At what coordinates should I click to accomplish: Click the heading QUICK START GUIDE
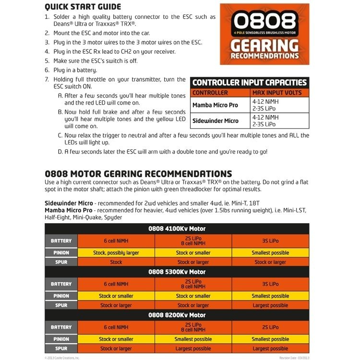pos(83,7)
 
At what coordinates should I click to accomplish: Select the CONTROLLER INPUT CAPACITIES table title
pos(250,83)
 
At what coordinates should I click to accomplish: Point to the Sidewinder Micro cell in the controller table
pos(215,121)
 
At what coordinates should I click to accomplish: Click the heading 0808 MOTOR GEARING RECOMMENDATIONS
pos(138,174)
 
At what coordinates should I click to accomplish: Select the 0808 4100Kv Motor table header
pos(177,228)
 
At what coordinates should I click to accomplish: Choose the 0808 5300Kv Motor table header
pos(177,272)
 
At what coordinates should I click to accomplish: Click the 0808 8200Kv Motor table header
pos(177,315)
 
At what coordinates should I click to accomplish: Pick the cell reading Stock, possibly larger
pos(116,252)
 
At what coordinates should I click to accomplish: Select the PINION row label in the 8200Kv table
pos(61,339)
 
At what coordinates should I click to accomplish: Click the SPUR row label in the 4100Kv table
pos(61,262)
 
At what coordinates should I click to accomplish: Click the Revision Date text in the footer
pos(294,358)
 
